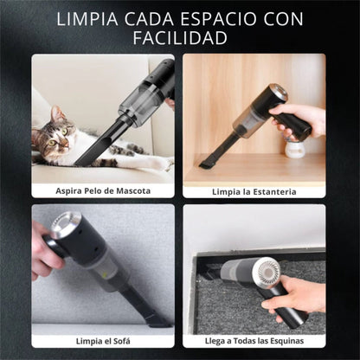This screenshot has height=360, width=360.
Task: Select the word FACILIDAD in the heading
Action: [x=179, y=38]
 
